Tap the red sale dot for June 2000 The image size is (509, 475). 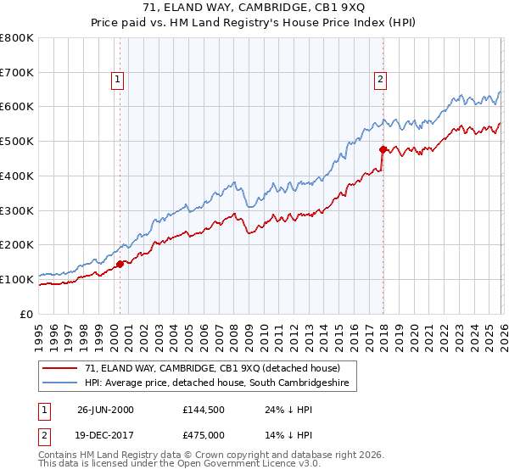pyautogui.click(x=120, y=263)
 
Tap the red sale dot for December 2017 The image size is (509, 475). pyautogui.click(x=383, y=149)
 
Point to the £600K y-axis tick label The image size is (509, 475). pyautogui.click(x=17, y=107)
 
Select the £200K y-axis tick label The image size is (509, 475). pyautogui.click(x=17, y=244)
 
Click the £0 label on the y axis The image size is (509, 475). pyautogui.click(x=26, y=314)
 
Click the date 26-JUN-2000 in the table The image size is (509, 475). pyautogui.click(x=105, y=409)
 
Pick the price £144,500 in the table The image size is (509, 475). pyautogui.click(x=206, y=409)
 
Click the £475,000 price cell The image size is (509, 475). pyautogui.click(x=206, y=434)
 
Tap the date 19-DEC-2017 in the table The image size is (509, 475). pyautogui.click(x=105, y=434)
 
